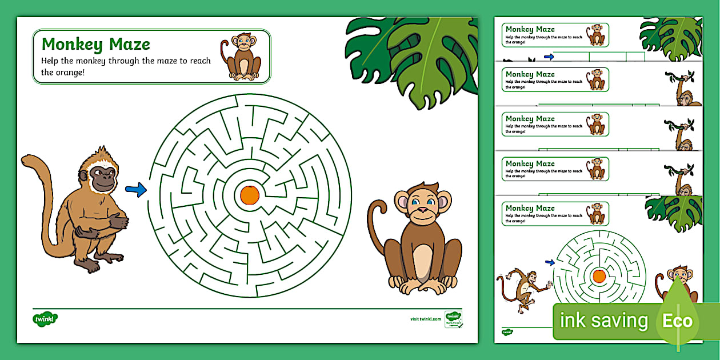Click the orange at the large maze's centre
click(x=249, y=195)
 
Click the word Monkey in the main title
click(x=72, y=44)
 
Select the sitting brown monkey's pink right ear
click(x=443, y=201)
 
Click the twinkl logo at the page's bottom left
click(x=45, y=318)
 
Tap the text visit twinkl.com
click(x=426, y=319)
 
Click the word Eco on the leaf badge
click(x=677, y=321)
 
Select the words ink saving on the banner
click(x=604, y=321)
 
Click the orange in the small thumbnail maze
click(x=599, y=277)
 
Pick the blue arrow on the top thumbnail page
click(x=549, y=57)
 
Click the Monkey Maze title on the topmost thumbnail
click(x=530, y=29)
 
